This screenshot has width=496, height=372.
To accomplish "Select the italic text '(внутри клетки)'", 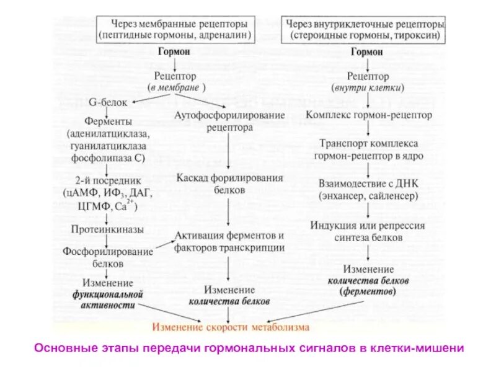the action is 368,87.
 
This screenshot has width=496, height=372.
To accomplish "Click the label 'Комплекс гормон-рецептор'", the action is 369,115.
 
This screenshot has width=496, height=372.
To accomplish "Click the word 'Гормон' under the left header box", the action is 175,53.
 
